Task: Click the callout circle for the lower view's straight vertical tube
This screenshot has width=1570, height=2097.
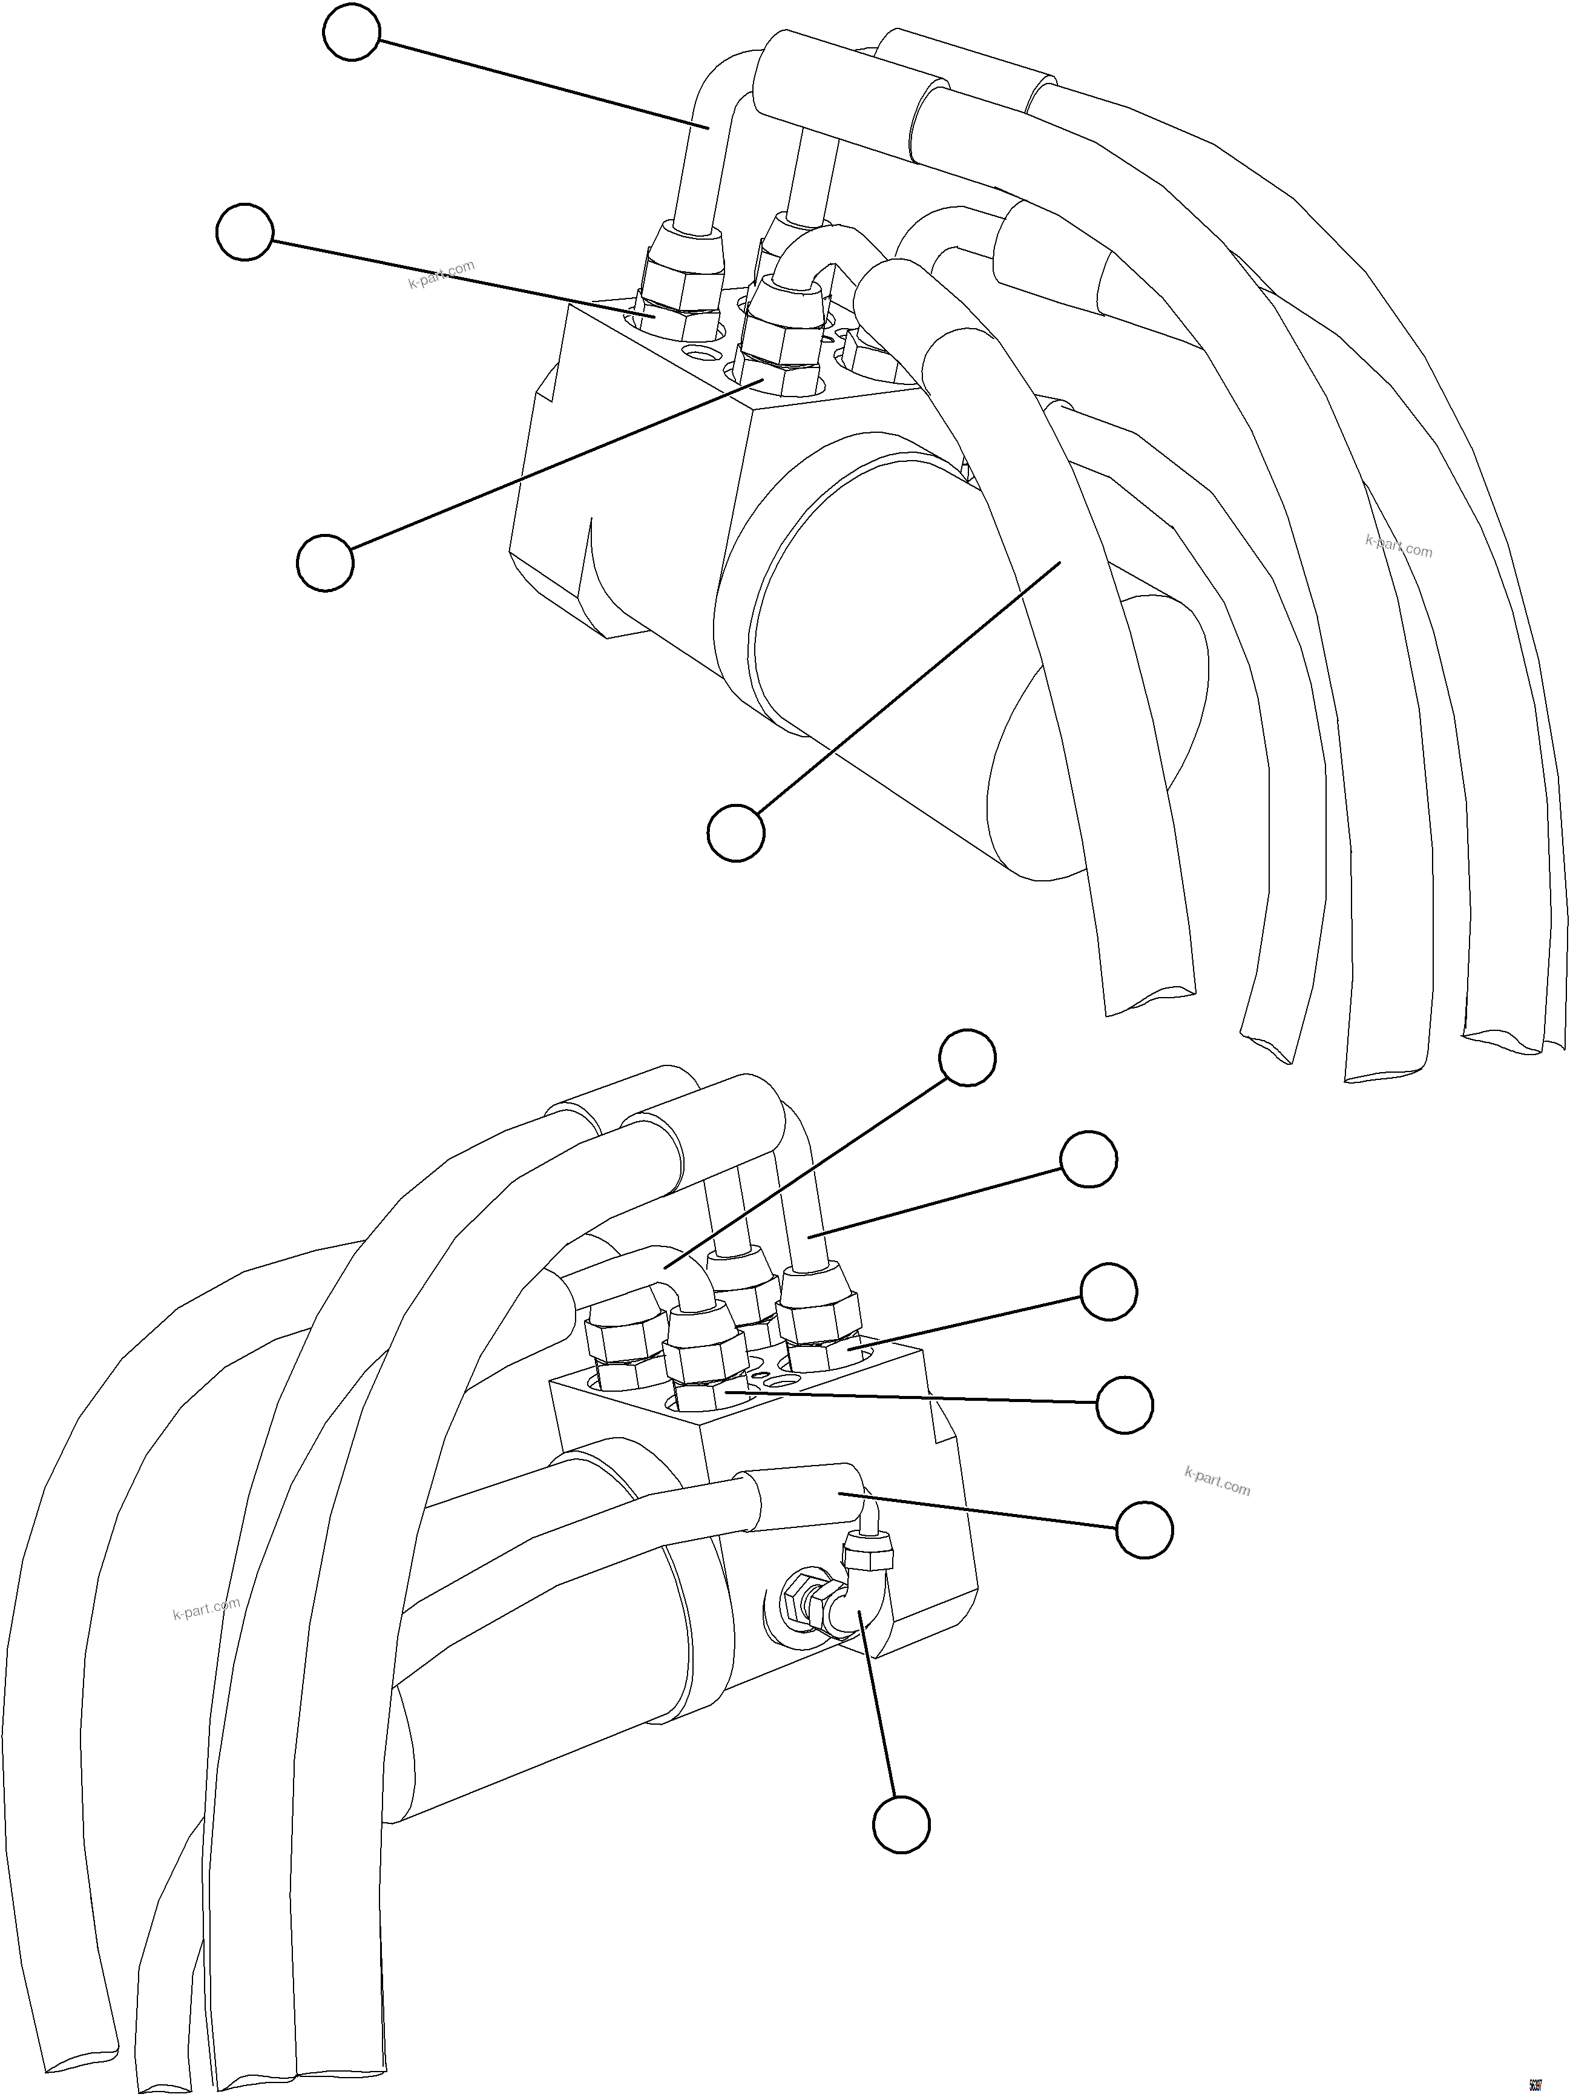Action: (x=1088, y=1159)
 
